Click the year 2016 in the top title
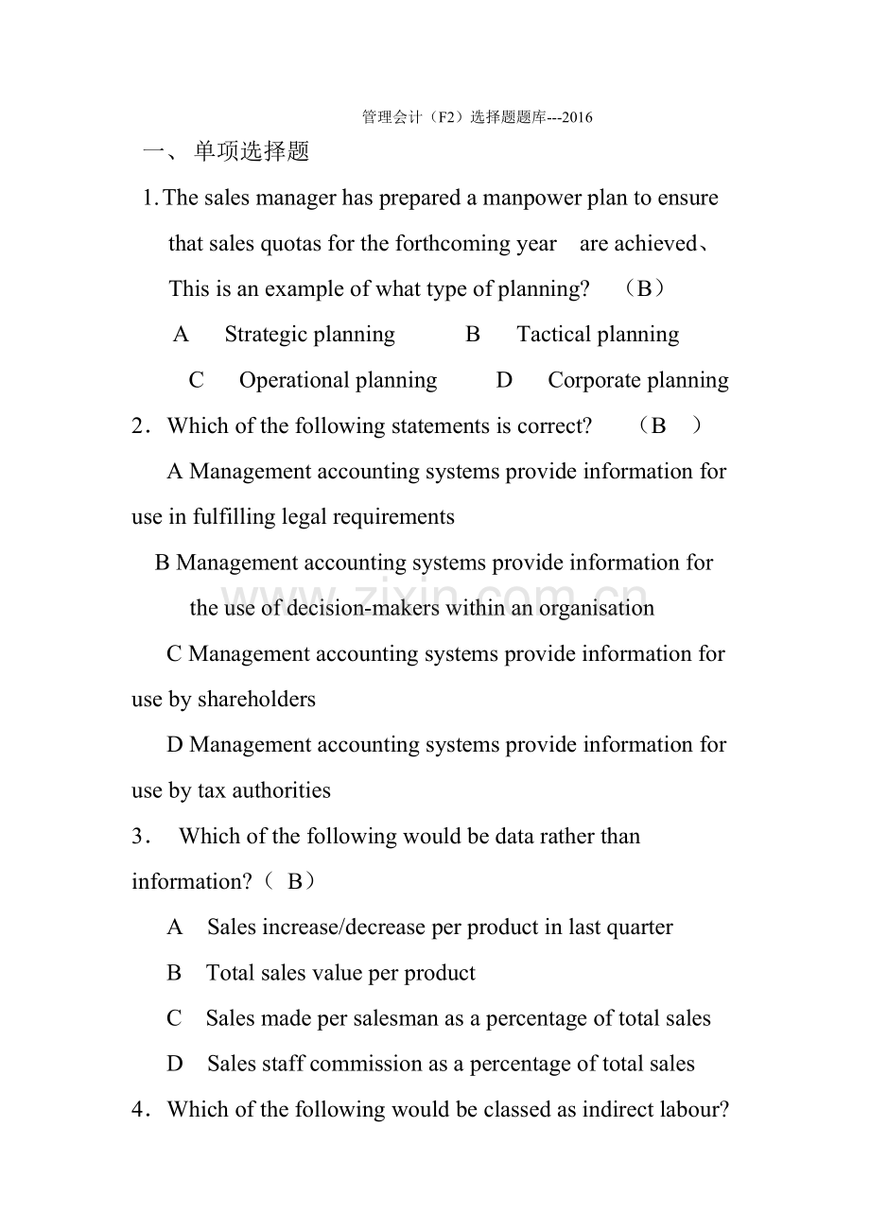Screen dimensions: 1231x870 click(x=577, y=118)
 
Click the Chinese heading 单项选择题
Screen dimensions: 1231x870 click(x=252, y=152)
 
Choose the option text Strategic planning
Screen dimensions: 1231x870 click(x=310, y=335)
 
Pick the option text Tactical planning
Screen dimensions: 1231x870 click(x=598, y=335)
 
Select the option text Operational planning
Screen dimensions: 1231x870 click(x=338, y=380)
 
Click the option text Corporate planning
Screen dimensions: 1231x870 click(x=638, y=380)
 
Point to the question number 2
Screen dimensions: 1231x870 click(x=138, y=426)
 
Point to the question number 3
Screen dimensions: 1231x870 click(x=138, y=837)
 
